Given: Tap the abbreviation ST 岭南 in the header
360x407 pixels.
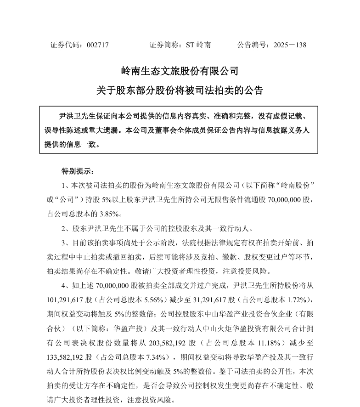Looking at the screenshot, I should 198,45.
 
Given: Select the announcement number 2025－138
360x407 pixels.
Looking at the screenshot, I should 289,45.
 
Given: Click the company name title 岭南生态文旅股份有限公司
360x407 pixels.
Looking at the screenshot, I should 180,71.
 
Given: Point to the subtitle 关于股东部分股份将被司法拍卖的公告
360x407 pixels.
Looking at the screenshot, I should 180,90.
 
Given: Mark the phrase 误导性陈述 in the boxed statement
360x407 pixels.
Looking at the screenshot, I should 62,130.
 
